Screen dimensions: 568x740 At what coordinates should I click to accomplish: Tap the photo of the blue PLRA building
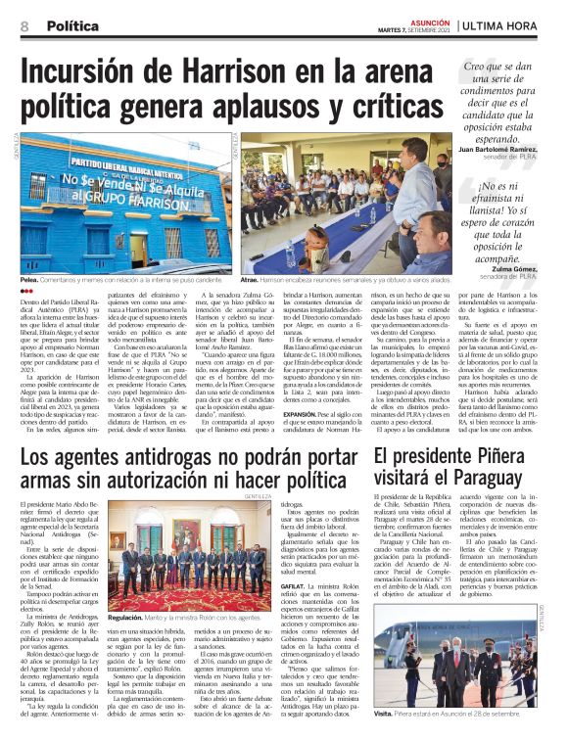[122, 202]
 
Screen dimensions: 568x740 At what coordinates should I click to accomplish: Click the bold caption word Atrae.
[249, 280]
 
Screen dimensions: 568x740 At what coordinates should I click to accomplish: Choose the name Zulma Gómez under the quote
[511, 267]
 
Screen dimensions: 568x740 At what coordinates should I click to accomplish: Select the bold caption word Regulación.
[132, 618]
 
